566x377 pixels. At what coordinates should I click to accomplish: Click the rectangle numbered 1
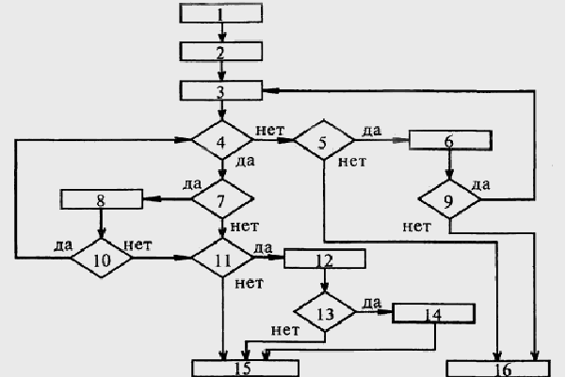[219, 14]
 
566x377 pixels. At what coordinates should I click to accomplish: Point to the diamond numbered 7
[222, 198]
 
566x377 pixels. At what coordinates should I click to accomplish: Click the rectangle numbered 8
[101, 199]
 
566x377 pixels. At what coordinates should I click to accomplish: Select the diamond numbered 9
[449, 200]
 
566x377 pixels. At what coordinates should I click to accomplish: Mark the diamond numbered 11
[222, 256]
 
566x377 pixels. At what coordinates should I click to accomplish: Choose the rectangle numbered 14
[431, 314]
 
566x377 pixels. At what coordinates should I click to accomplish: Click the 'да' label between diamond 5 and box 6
[371, 129]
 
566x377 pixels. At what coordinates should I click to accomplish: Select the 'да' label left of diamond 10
[64, 245]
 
